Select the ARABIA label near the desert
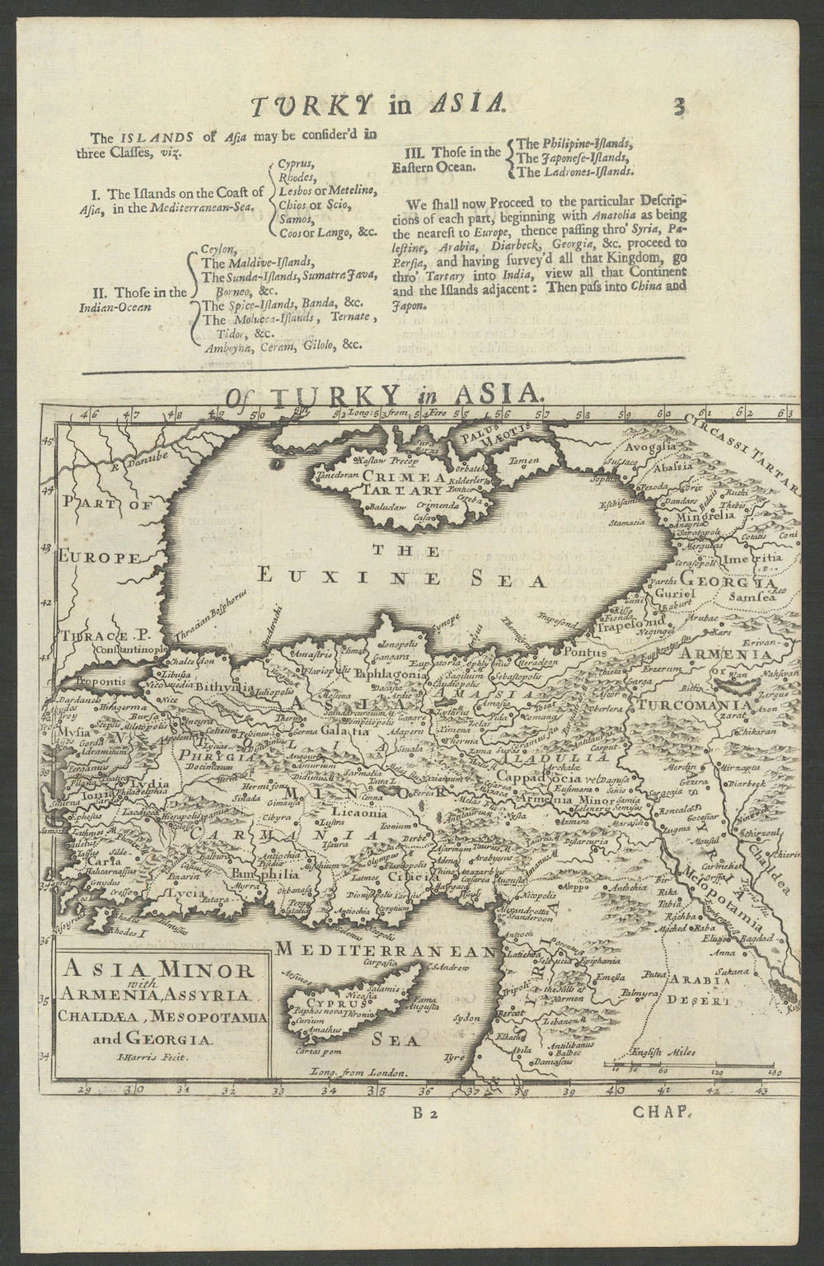click(x=698, y=981)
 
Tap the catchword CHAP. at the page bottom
click(x=662, y=1112)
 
